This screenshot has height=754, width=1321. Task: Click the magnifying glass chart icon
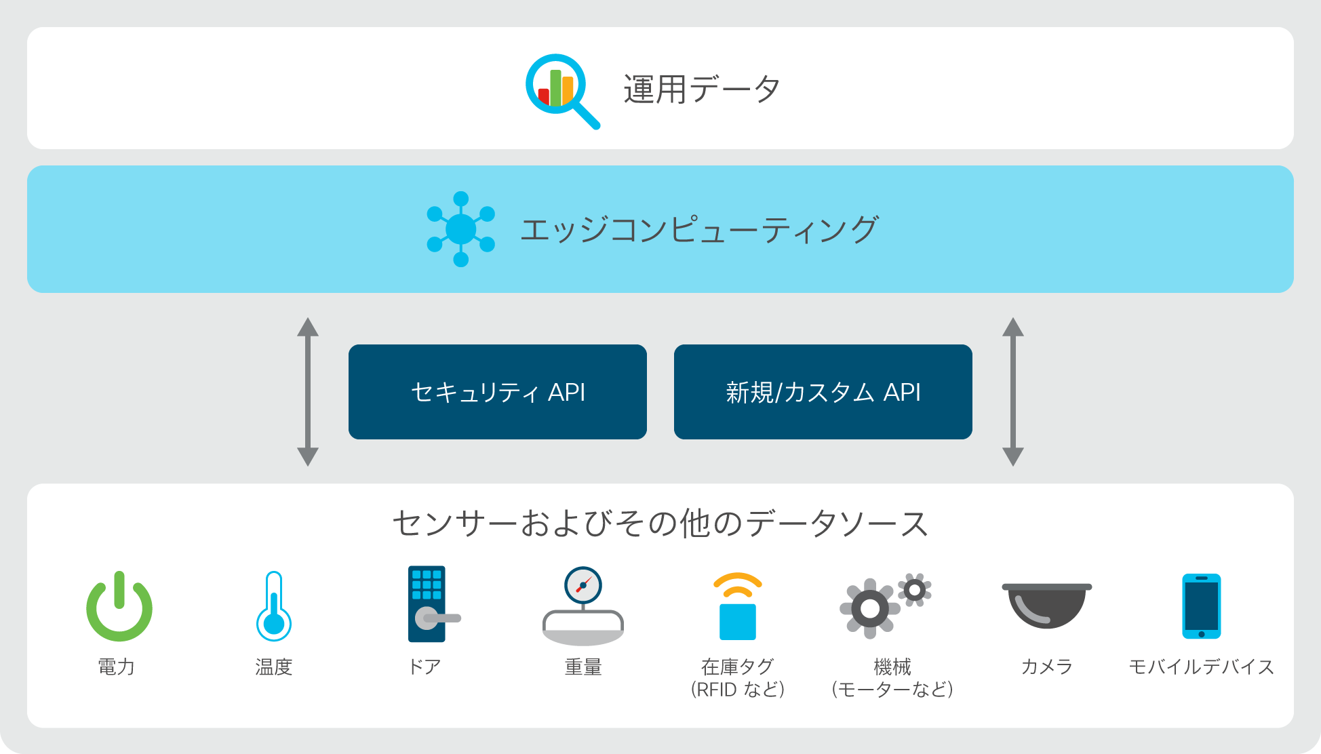tap(561, 90)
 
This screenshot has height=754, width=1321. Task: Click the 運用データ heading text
tap(702, 90)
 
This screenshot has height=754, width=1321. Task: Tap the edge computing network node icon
tap(460, 229)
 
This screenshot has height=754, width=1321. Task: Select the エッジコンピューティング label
tap(699, 229)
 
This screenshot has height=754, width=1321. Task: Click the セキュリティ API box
tap(498, 392)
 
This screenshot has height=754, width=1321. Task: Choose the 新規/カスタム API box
tap(823, 392)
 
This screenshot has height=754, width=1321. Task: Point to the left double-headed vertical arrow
tap(308, 392)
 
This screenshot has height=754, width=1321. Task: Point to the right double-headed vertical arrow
tap(1013, 392)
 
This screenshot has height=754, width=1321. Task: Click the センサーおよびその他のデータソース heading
tap(660, 523)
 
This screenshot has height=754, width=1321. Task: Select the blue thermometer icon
tap(274, 606)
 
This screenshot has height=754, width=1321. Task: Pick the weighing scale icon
tap(583, 606)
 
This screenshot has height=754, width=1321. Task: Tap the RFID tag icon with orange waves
tap(738, 607)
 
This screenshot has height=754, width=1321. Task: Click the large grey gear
tap(870, 608)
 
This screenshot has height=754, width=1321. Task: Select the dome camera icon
tap(1047, 606)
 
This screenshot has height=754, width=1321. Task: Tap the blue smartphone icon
tap(1202, 606)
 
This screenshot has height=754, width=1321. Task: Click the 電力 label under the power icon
tap(117, 667)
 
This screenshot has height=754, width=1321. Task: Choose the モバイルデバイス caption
tap(1202, 667)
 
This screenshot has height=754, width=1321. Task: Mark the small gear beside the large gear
tap(915, 591)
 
